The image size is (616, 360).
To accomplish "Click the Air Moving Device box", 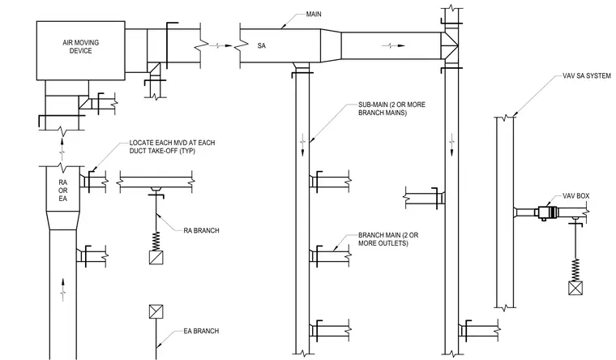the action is tap(81, 51).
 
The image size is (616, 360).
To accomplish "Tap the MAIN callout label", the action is tap(314, 14).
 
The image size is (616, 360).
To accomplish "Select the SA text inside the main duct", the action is tap(262, 45).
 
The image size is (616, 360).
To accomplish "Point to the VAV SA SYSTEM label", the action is tap(587, 76).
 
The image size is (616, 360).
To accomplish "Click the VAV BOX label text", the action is tap(576, 195).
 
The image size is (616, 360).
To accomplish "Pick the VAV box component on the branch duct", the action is tap(547, 212).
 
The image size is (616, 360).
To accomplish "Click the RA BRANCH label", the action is tap(201, 230).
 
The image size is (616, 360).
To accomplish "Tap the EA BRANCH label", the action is tap(201, 331).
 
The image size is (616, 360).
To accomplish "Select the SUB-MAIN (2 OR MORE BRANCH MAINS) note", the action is tap(391, 109).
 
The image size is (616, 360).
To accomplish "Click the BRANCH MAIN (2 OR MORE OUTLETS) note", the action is tap(388, 239).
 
